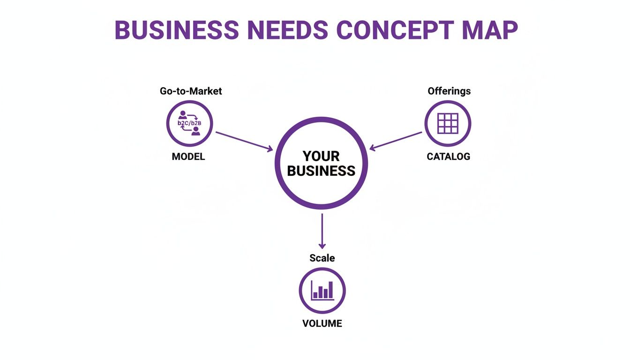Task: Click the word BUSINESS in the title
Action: click(x=177, y=30)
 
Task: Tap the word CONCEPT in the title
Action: click(x=395, y=30)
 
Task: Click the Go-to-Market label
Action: click(x=191, y=91)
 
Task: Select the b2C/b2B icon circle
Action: click(x=189, y=124)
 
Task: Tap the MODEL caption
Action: click(x=188, y=157)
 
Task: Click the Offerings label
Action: click(x=449, y=91)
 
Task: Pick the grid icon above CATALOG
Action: click(x=448, y=124)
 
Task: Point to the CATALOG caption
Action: click(x=448, y=157)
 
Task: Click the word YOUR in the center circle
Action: click(x=321, y=156)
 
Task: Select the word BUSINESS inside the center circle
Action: click(x=321, y=171)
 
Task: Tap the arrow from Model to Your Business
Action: click(x=244, y=141)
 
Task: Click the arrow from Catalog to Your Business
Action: click(x=396, y=141)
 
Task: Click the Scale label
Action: click(x=322, y=258)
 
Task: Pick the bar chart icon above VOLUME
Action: click(x=322, y=291)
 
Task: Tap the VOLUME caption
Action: click(x=322, y=323)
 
